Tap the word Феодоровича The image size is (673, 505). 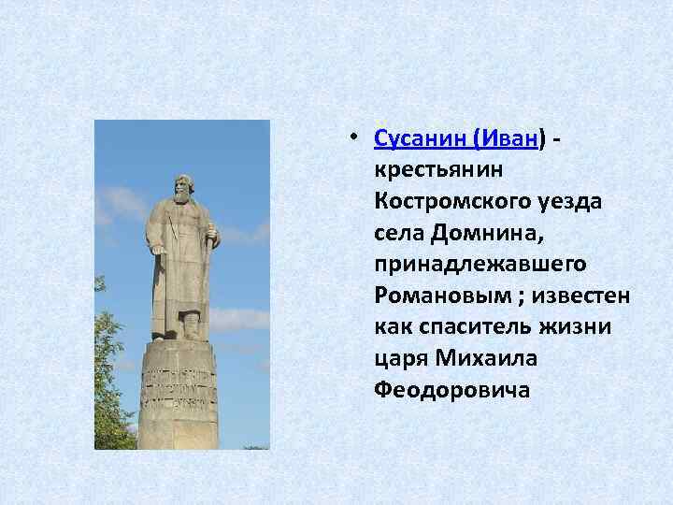(451, 391)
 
